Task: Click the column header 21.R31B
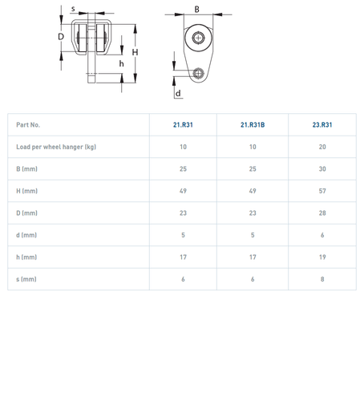click(x=253, y=125)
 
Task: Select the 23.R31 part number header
click(x=322, y=125)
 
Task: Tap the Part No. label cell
click(x=28, y=125)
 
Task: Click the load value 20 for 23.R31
click(x=322, y=147)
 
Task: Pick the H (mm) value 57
click(x=322, y=191)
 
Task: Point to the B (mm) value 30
click(x=322, y=169)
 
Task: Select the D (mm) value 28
click(x=322, y=213)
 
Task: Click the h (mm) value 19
click(x=322, y=257)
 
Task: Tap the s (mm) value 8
click(x=322, y=279)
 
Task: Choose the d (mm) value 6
click(x=322, y=235)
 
